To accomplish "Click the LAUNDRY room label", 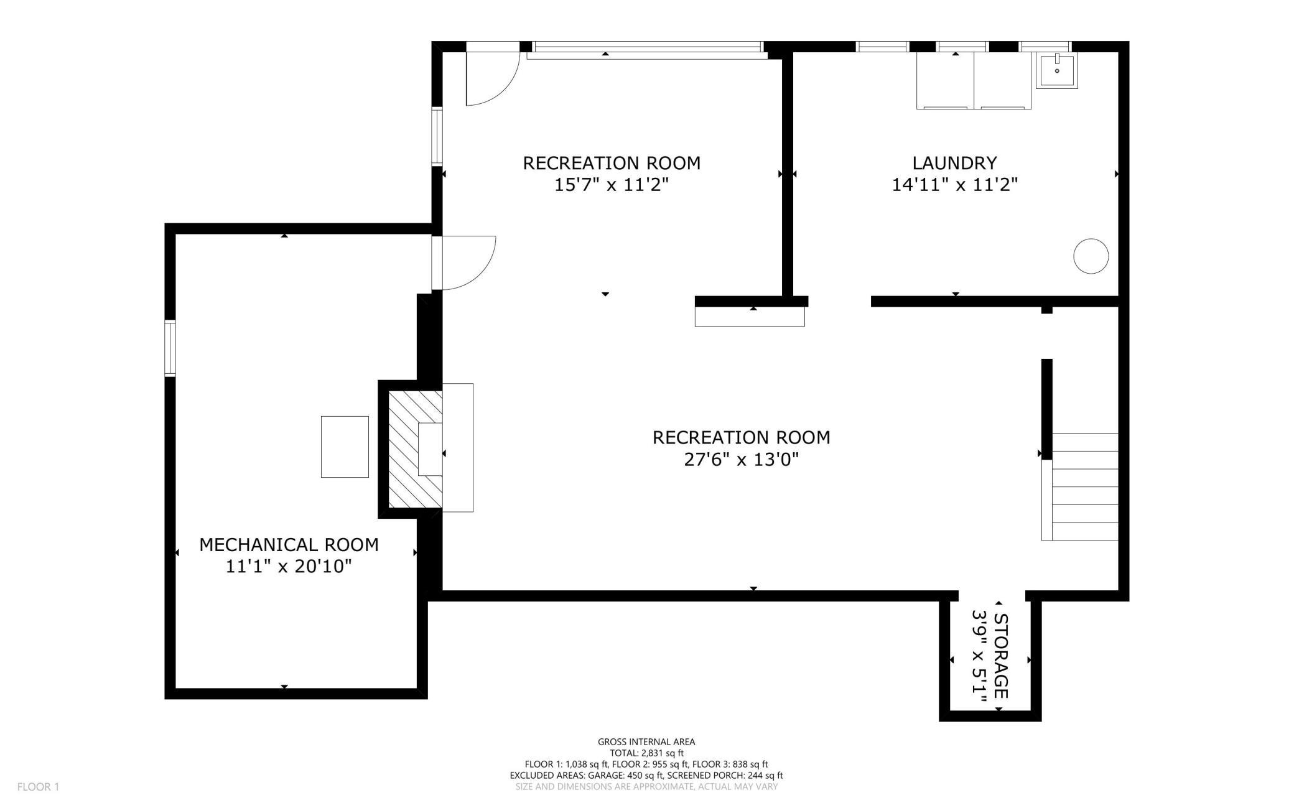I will tap(954, 163).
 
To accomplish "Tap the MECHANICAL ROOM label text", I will tap(289, 545).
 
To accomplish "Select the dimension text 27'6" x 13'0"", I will tap(741, 460).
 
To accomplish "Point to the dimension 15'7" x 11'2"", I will tap(611, 185).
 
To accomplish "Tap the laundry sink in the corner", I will tap(1056, 70).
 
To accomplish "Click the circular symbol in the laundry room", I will tap(1091, 256).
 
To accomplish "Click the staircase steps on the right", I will tap(1084, 486).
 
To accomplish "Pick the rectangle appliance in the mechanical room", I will tap(345, 447).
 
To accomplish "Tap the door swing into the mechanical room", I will tap(465, 263).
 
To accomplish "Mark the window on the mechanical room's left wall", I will tap(170, 348).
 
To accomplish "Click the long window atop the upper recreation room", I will tap(647, 47).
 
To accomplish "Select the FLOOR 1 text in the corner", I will tap(38, 787).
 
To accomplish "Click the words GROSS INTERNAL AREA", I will tap(646, 741).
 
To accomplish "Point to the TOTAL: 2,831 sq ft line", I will tap(646, 753).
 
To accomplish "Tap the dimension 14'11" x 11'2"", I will tap(954, 185).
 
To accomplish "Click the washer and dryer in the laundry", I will tap(974, 81).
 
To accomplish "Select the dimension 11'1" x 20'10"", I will tap(289, 567).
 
